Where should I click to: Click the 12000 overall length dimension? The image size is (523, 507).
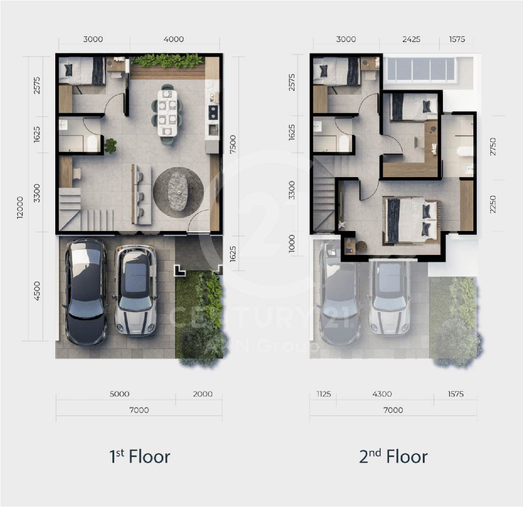click(x=20, y=208)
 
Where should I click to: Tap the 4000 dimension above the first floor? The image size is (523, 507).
click(x=173, y=39)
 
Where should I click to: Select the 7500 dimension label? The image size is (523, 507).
click(x=233, y=144)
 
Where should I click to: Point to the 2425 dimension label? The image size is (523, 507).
click(x=411, y=39)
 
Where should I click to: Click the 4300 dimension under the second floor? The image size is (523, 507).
click(x=382, y=394)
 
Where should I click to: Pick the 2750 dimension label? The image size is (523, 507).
click(x=493, y=146)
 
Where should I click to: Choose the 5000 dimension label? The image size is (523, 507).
click(x=119, y=394)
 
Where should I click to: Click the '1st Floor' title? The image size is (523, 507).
click(x=140, y=456)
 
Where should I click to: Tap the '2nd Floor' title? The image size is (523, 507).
click(x=393, y=456)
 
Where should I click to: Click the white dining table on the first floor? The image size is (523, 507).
click(x=168, y=113)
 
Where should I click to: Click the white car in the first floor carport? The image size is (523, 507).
click(x=135, y=290)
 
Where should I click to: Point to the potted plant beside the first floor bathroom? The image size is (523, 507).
click(x=110, y=146)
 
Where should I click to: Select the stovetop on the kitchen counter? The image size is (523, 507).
click(x=213, y=112)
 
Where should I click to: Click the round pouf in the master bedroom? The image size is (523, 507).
click(x=361, y=246)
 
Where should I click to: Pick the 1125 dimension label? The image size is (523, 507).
click(x=324, y=394)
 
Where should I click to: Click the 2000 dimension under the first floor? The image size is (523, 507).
click(x=202, y=394)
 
